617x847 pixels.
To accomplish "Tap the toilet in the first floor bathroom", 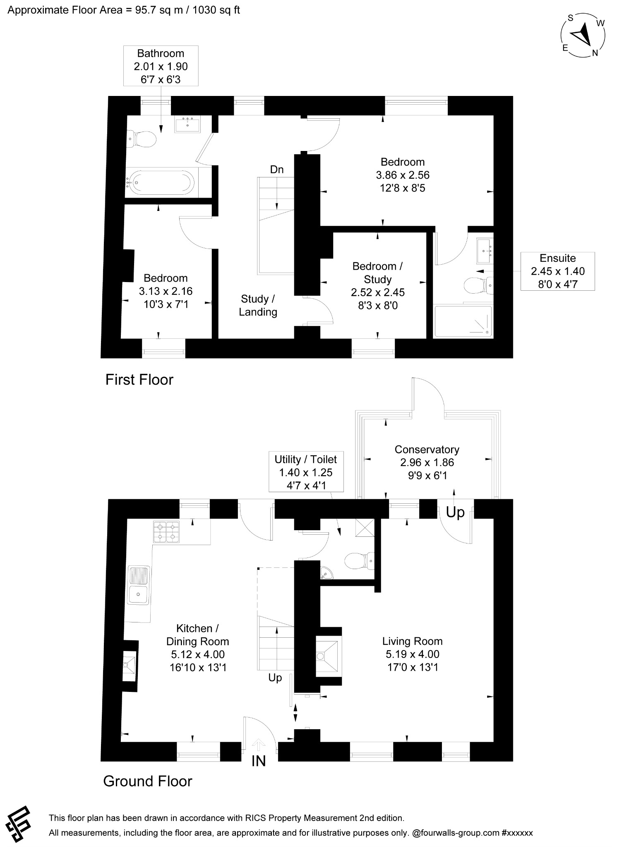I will pyautogui.click(x=142, y=139).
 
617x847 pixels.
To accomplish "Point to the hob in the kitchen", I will pyautogui.click(x=166, y=532).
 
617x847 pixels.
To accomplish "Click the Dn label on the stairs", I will pyautogui.click(x=277, y=169).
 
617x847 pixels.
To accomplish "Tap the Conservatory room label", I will pyautogui.click(x=427, y=449).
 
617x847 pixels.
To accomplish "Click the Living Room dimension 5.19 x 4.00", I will pyautogui.click(x=412, y=654).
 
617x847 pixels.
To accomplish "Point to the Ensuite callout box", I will pyautogui.click(x=557, y=271).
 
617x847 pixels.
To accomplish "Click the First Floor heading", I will pyautogui.click(x=139, y=379).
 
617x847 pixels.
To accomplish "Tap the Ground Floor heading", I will pyautogui.click(x=148, y=781).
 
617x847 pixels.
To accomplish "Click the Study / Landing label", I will pyautogui.click(x=258, y=305).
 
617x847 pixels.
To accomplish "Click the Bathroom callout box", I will pyautogui.click(x=161, y=66).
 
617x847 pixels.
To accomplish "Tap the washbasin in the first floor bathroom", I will pyautogui.click(x=187, y=124).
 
